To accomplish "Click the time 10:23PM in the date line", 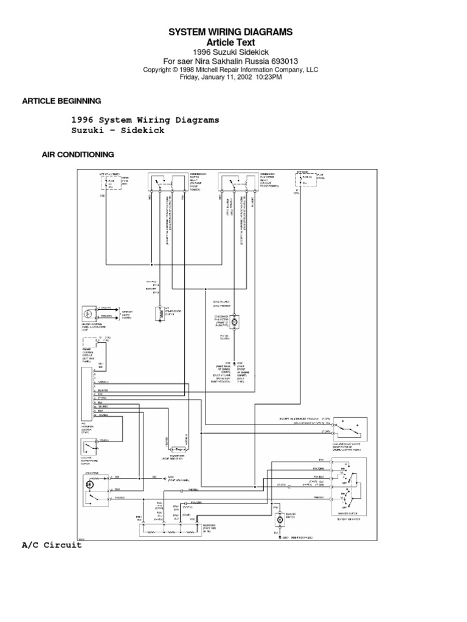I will [268, 77].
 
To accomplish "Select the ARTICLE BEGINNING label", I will [61, 101].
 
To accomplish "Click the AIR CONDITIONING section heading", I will [78, 155].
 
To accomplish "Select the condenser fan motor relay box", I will [239, 182].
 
